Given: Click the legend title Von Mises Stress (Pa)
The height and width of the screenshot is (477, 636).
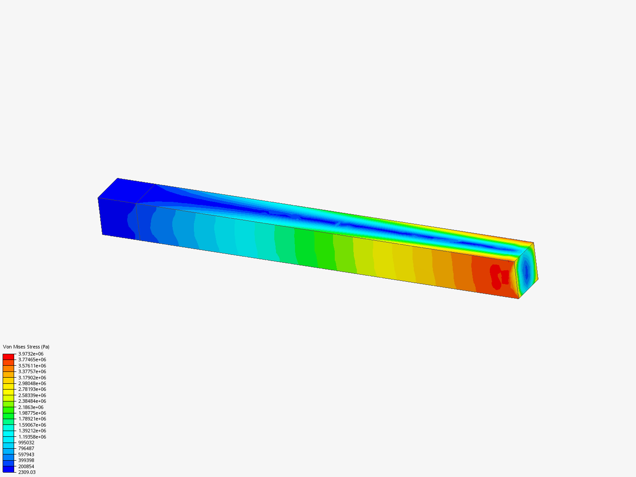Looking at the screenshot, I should coord(26,347).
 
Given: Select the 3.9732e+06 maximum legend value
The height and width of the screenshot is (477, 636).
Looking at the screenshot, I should coord(30,354).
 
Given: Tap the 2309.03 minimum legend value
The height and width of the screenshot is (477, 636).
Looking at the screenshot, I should coord(26,472).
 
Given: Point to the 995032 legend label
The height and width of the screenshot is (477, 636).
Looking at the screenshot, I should coord(26,443).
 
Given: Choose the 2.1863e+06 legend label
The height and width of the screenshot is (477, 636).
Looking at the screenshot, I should coord(30,407).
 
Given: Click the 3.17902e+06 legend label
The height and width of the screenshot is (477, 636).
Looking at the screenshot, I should coord(32,378).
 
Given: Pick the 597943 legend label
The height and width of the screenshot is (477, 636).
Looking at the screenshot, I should coord(26,454).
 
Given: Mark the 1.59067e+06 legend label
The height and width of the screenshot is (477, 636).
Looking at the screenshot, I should coord(32,425).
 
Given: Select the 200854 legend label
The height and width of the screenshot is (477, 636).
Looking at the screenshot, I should coord(26,466).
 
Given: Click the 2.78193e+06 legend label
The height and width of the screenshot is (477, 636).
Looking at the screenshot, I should coord(32,389).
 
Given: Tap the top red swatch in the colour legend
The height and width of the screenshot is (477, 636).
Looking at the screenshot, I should coord(8,356).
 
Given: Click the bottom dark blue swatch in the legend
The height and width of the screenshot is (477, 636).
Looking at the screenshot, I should coord(8,469).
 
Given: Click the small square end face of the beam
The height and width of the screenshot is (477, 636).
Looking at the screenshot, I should coord(526,270).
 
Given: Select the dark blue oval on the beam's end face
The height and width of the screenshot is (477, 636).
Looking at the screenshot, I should coord(525,270).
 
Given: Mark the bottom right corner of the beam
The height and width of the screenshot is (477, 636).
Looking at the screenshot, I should coord(519,299).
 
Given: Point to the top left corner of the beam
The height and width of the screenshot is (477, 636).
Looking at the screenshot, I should coord(117,178).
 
